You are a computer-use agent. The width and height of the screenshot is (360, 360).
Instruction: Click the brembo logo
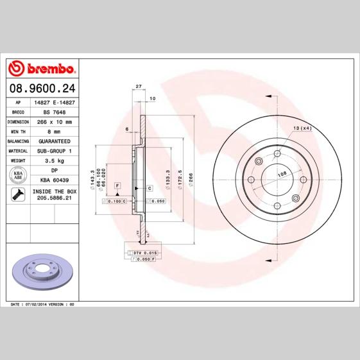41,67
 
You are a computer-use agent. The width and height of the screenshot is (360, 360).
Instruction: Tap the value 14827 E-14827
54,102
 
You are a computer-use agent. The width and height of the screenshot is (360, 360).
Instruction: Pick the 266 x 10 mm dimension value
54,121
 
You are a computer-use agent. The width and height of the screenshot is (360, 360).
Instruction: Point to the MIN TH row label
17,131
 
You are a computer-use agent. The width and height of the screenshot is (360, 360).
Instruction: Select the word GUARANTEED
54,141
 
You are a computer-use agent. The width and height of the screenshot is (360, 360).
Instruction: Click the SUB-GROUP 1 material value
54,150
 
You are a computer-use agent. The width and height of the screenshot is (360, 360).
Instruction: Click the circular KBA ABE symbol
18,175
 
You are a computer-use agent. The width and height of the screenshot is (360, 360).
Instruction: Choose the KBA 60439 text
54,180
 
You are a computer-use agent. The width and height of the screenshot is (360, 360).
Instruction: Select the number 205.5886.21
54,200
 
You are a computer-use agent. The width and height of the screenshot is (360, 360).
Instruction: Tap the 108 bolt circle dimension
281,174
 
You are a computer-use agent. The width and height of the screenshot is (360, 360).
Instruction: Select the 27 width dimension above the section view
139,85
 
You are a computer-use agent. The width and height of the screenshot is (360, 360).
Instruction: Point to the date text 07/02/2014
37,304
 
